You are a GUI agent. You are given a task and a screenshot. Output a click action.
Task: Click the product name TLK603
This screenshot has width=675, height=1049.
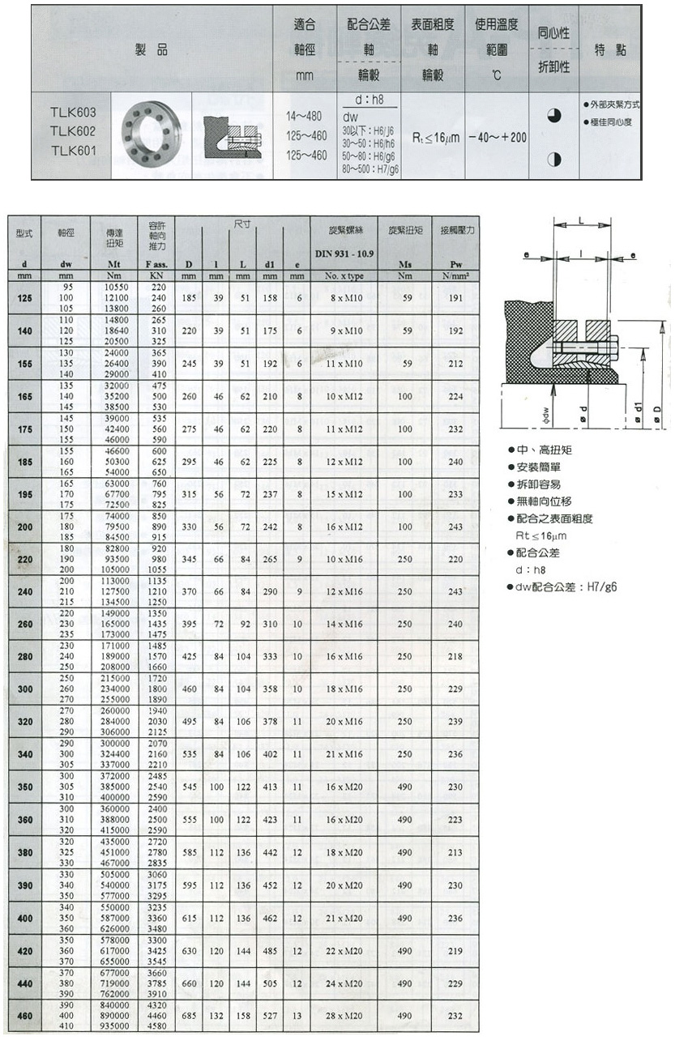click(73, 112)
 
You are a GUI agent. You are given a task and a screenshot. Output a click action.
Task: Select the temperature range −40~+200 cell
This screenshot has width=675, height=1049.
click(496, 138)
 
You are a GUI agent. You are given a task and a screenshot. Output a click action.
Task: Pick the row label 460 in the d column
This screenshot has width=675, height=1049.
click(24, 1015)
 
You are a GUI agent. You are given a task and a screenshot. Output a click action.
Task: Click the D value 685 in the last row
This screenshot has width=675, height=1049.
click(189, 1015)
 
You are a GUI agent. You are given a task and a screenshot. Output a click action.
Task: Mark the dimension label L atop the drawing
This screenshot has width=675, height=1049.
click(582, 220)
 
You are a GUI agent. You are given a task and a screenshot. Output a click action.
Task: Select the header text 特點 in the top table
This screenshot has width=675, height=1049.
click(609, 49)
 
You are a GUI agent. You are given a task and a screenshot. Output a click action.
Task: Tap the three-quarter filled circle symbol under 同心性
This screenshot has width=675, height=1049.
click(554, 117)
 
